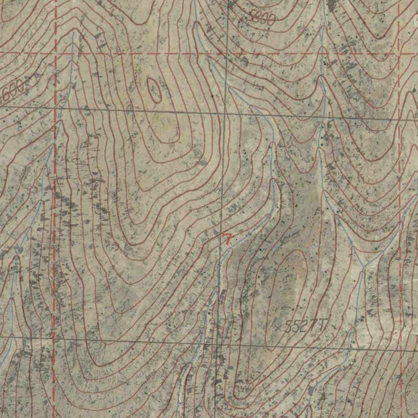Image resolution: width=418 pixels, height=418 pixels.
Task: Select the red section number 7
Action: coord(227,239)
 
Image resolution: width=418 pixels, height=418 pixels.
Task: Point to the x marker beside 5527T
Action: coord(278,327)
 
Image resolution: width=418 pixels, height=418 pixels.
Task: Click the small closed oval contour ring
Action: coord(154,90)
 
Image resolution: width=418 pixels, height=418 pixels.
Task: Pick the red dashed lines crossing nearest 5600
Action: coord(55,53)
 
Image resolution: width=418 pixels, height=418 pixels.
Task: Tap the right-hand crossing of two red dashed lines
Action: coord(399,53)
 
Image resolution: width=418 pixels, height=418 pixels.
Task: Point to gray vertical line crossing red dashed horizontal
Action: coord(226,53)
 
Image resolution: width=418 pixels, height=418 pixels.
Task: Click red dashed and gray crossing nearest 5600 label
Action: coord(55,108)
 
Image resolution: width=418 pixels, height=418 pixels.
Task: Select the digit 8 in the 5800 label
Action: coord(259,18)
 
